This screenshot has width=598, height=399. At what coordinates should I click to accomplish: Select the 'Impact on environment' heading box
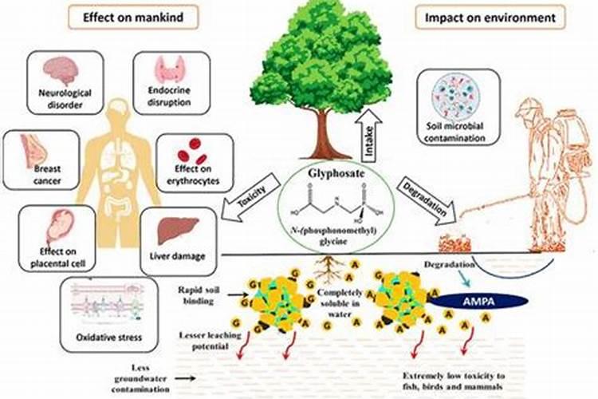[501, 16]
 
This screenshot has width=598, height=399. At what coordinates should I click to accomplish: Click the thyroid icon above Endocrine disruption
[169, 69]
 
